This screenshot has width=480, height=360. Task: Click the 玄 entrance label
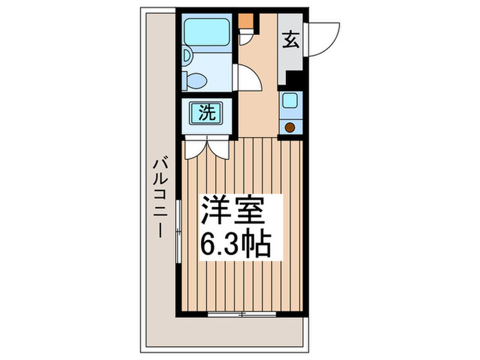click(x=291, y=40)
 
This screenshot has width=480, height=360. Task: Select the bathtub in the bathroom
click(x=206, y=30)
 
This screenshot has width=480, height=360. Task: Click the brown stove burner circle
click(x=290, y=126)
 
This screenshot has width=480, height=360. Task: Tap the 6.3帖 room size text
click(x=235, y=244)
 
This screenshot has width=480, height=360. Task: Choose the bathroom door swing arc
click(x=251, y=77)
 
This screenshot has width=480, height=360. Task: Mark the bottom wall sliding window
click(x=242, y=296)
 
